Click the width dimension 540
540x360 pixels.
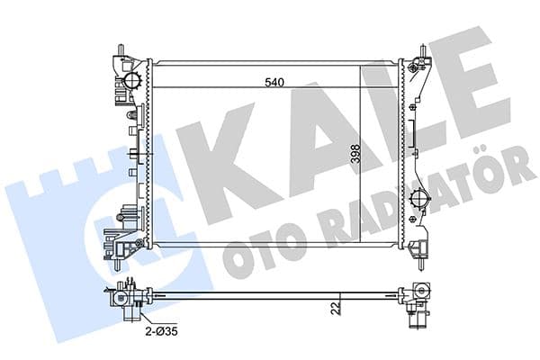click(x=274, y=83)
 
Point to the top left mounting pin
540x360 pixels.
click(x=120, y=48)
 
